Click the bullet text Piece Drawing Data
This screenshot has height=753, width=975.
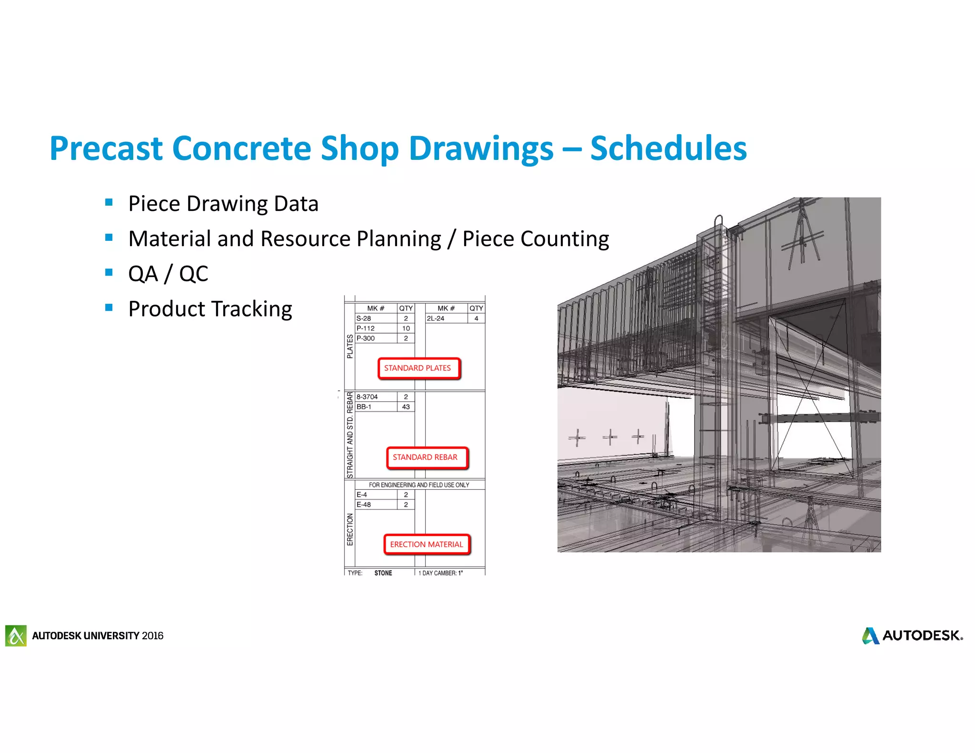point(223,204)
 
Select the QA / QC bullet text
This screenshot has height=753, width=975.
point(168,274)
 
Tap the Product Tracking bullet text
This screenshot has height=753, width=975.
point(210,309)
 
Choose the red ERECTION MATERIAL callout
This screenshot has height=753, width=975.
point(427,545)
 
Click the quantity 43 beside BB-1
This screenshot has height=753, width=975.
point(406,407)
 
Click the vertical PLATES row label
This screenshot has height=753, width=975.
point(350,346)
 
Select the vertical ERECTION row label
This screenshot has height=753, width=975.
point(350,529)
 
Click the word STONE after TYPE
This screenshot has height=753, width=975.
point(383,573)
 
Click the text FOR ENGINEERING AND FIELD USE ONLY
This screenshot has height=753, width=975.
point(419,485)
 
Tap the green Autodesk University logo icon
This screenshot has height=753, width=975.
point(16,636)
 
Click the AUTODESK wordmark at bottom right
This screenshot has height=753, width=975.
point(922,636)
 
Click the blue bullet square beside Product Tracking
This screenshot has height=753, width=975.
point(109,307)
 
